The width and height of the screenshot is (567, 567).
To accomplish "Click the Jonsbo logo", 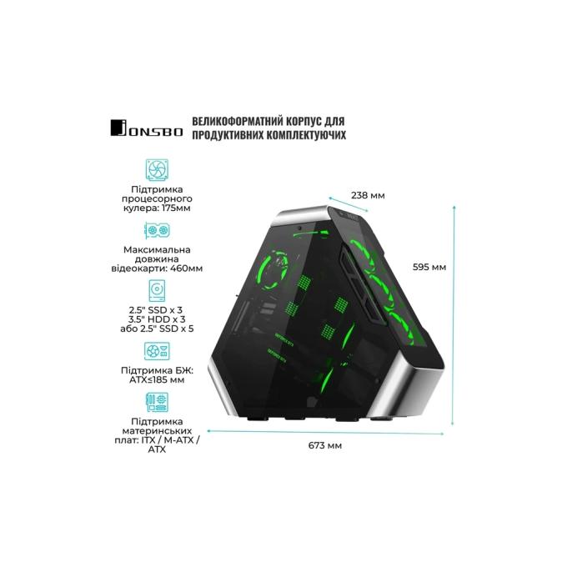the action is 147,128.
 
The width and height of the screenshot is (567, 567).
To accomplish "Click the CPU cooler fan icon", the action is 157,169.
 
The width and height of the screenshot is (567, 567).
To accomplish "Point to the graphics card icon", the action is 157,230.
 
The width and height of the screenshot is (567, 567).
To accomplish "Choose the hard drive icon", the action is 157,290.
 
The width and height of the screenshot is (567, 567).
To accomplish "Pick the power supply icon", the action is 157,351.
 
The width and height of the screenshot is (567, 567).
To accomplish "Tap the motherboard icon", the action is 157,402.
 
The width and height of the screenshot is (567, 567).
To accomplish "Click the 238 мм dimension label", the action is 368,196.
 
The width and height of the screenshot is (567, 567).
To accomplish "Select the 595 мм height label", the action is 429,267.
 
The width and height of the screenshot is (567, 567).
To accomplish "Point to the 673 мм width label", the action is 324,445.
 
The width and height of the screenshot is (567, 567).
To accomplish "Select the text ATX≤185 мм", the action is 157,380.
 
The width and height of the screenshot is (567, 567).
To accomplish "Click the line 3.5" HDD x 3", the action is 157,319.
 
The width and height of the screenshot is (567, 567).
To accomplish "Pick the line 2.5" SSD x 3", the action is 156,310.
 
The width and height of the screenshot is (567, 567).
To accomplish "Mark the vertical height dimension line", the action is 454,314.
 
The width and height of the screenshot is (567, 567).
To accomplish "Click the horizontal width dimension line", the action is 325,432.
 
